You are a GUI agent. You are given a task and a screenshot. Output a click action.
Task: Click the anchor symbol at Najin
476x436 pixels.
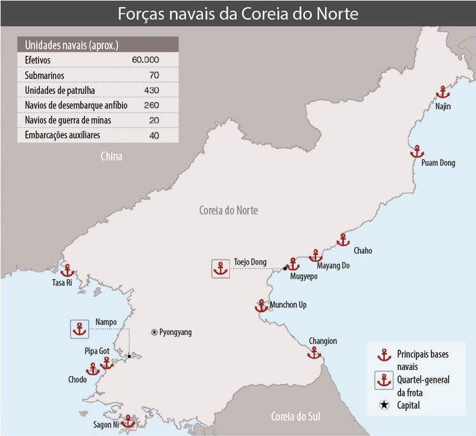[443, 93]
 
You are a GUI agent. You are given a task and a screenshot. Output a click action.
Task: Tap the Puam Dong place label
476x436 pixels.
[438, 163]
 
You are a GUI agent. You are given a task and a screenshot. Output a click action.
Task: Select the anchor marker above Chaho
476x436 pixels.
[343, 240]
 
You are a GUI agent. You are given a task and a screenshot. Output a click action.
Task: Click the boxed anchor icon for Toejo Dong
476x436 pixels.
[220, 268]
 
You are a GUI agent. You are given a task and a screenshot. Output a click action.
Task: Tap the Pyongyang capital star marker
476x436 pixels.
[154, 332]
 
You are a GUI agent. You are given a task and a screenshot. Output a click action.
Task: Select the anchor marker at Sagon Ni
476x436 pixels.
[129, 421]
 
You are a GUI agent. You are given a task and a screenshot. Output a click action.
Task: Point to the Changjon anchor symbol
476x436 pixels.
[314, 352]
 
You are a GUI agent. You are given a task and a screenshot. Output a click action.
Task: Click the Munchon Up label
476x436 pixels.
[288, 305]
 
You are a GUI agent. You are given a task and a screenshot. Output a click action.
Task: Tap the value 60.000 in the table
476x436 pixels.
[145, 60]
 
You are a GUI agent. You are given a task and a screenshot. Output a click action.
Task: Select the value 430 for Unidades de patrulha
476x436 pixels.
[151, 89]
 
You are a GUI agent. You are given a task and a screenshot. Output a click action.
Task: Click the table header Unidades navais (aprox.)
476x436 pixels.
[71, 45]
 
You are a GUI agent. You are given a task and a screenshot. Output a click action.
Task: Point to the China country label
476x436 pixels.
[110, 156]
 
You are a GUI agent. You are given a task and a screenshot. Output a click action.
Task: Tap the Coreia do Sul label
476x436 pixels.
[296, 416]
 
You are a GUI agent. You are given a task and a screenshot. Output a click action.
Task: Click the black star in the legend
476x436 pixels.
[383, 405]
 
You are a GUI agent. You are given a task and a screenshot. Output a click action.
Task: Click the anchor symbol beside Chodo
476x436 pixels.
[93, 369]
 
